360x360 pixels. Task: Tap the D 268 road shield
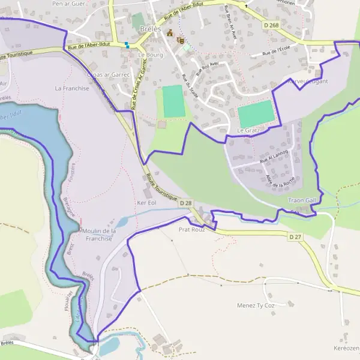pyautogui.click(x=271, y=25)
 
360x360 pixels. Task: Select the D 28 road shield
pyautogui.click(x=185, y=203)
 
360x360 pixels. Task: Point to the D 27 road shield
pyautogui.click(x=295, y=238)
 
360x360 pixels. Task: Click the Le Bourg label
pyautogui.click(x=151, y=55)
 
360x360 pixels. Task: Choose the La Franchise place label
pyautogui.click(x=72, y=88)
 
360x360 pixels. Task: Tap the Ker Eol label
pyautogui.click(x=146, y=203)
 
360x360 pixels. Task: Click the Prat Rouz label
pyautogui.click(x=192, y=229)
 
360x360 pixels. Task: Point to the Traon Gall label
pyautogui.click(x=302, y=200)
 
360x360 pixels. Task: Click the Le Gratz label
pyautogui.click(x=247, y=130)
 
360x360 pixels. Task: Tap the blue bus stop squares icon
pyautogui.click(x=127, y=44)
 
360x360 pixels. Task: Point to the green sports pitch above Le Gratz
pyautogui.click(x=255, y=113)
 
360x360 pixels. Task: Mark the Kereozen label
pyautogui.click(x=347, y=348)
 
